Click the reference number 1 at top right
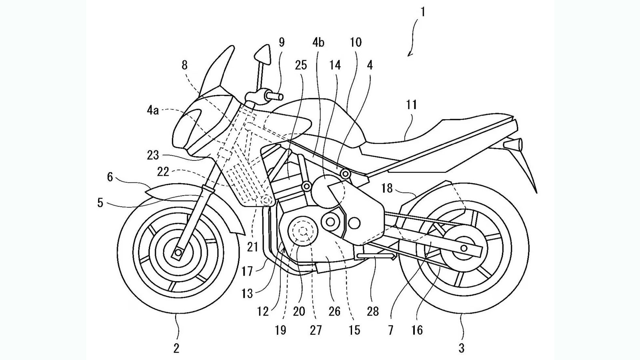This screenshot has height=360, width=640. click(422, 12)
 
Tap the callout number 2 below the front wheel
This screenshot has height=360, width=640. click(176, 348)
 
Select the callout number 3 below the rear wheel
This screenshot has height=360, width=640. click(461, 348)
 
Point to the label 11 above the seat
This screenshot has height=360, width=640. click(411, 105)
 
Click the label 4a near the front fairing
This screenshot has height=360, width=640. click(152, 110)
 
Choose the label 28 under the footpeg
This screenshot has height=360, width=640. click(373, 311)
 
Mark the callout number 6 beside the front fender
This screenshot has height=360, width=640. click(110, 176)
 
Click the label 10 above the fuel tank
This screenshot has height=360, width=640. click(356, 42)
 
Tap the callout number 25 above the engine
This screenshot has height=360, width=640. click(301, 65)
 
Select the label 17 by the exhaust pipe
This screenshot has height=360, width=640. click(247, 272)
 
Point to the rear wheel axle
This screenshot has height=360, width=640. click(464, 248)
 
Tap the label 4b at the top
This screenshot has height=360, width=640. click(318, 42)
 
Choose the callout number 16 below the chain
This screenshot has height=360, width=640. click(417, 330)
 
